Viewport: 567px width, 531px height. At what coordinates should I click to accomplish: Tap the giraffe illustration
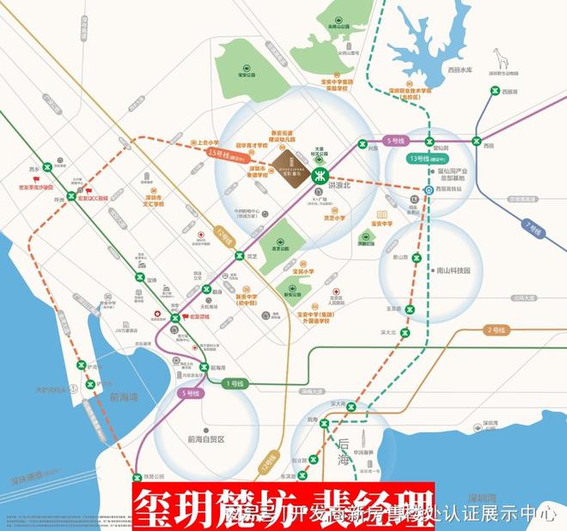pyautogui.click(x=501, y=61)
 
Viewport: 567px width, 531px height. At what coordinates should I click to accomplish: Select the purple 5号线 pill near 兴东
pyautogui.click(x=396, y=139)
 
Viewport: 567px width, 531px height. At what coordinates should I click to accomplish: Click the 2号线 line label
pyautogui.click(x=496, y=329)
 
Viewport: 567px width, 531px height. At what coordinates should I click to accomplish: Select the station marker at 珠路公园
pyautogui.click(x=137, y=477)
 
